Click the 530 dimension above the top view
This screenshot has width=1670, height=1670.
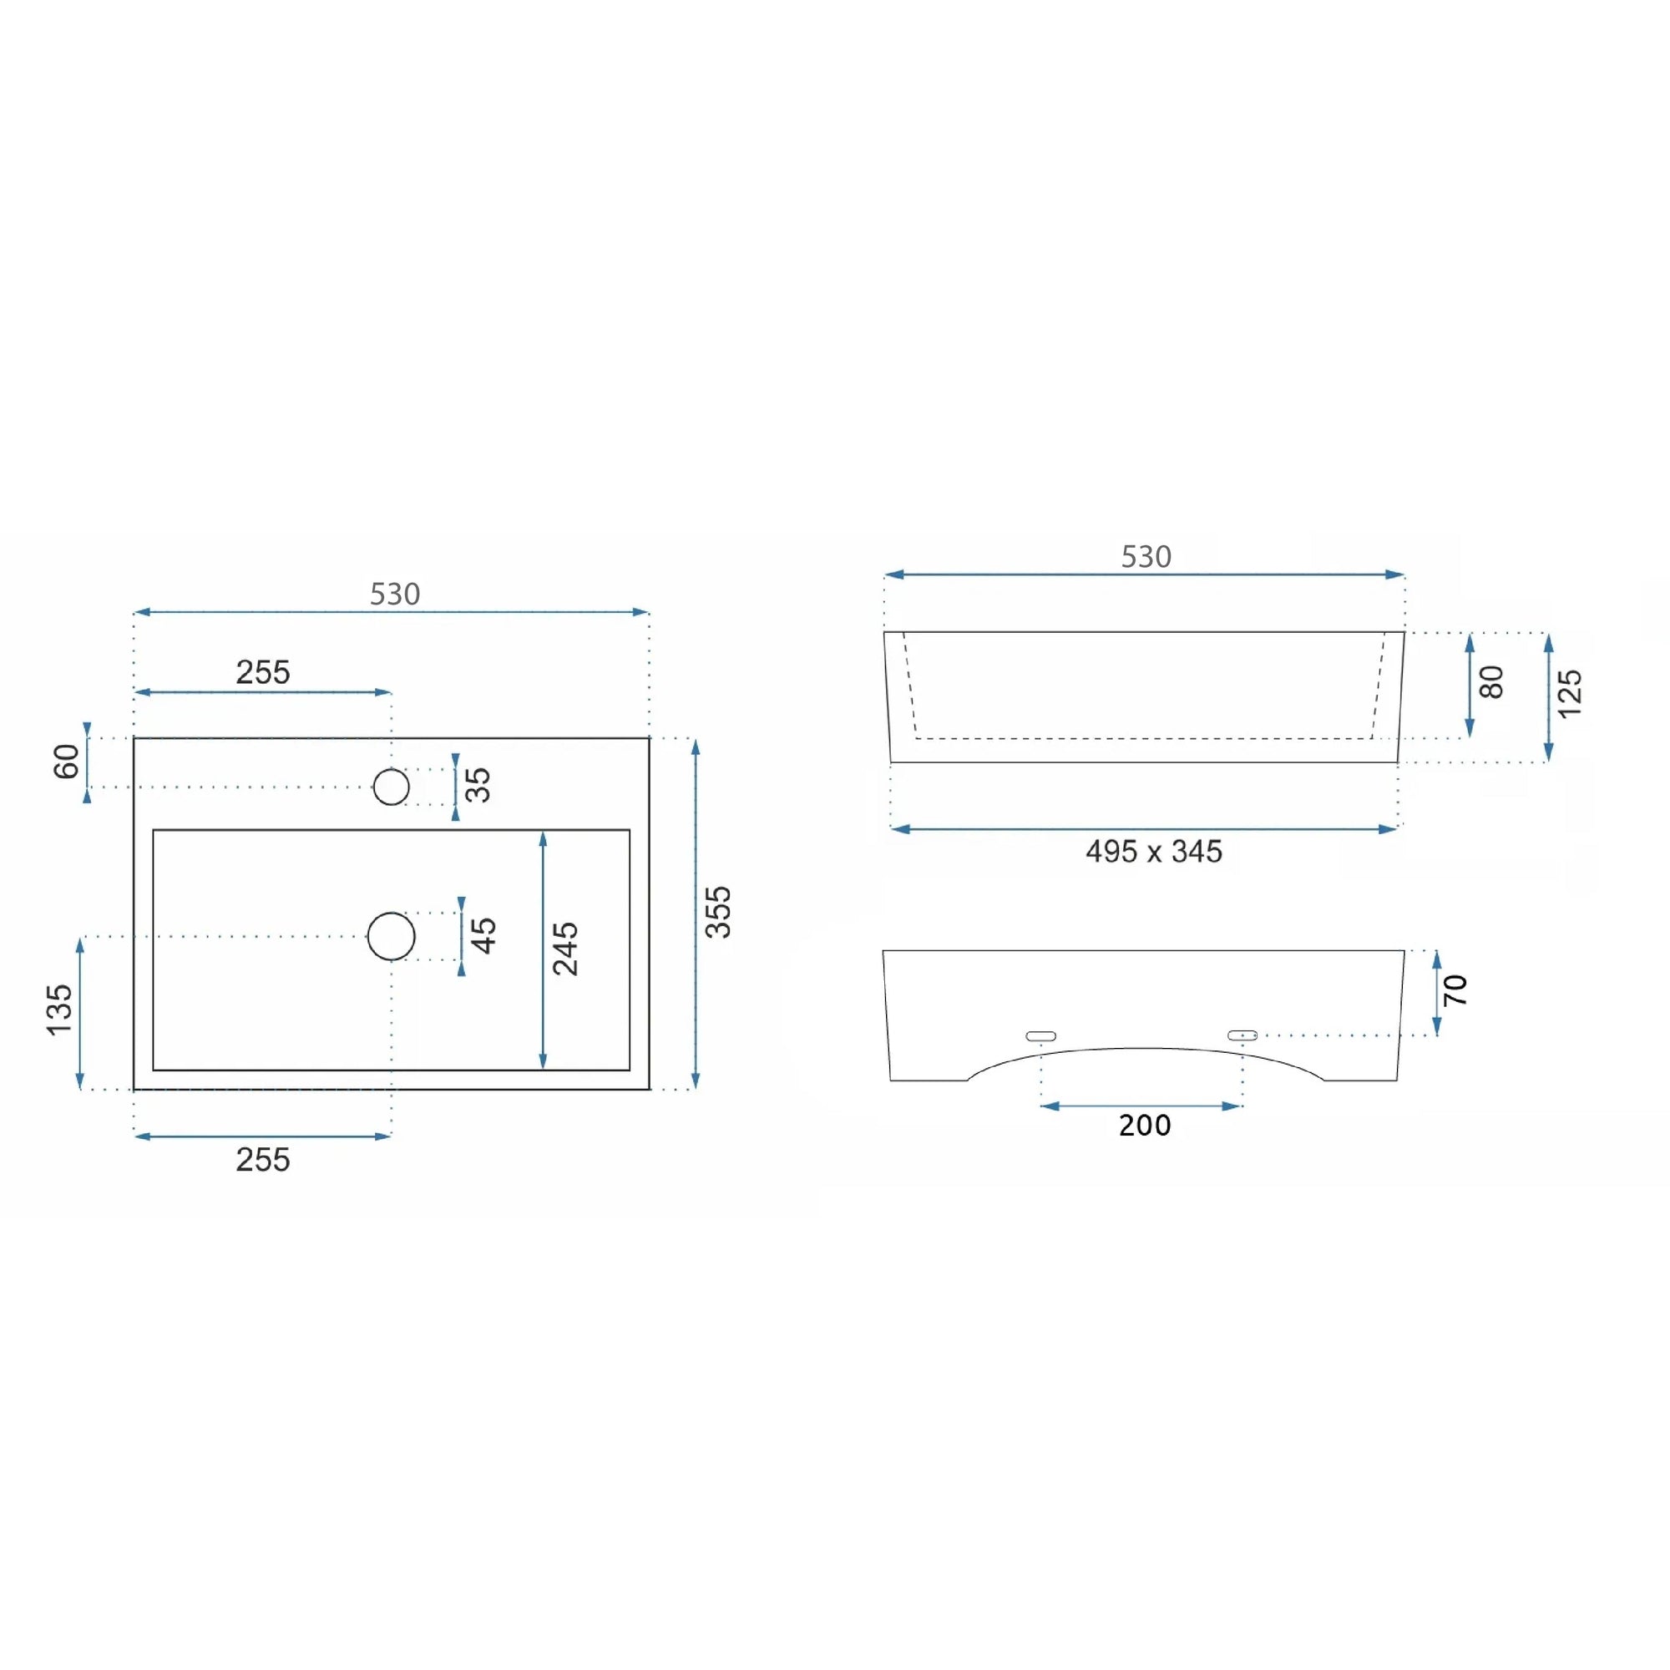[395, 594]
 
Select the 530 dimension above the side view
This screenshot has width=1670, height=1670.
[1146, 557]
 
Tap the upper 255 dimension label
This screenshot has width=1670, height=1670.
[263, 672]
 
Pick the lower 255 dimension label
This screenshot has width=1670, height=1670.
[263, 1160]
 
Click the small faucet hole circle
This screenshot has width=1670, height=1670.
[392, 787]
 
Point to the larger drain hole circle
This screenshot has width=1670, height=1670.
[392, 936]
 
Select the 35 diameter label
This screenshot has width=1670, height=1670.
[478, 785]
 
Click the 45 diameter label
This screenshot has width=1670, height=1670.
[483, 936]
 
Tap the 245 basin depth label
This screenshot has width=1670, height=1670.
[565, 949]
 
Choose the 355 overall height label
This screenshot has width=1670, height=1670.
[718, 912]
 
